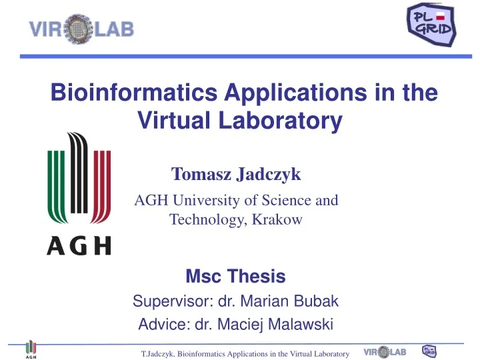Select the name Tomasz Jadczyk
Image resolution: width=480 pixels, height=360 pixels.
click(236, 175)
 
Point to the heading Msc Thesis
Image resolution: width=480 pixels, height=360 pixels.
click(235, 276)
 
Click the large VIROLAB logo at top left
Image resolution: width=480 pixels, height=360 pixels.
click(81, 29)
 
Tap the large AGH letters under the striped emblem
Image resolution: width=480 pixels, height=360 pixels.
click(79, 246)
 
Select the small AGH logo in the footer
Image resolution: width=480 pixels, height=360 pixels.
click(31, 350)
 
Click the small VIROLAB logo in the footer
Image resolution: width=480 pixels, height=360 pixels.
click(385, 351)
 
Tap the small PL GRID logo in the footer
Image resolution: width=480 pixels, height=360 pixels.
click(430, 351)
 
